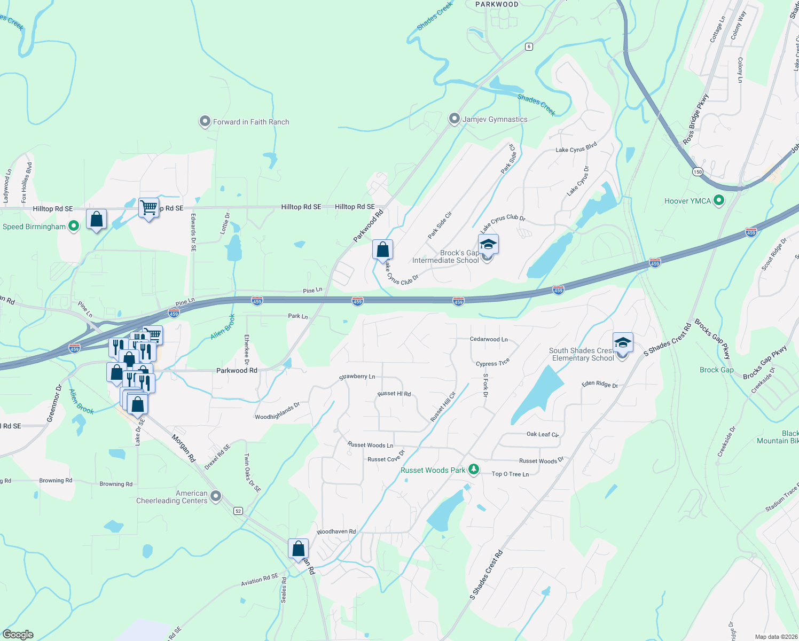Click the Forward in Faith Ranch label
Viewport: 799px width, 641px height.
point(251,122)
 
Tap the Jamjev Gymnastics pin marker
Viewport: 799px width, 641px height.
point(454,119)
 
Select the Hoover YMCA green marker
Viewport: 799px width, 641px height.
point(719,201)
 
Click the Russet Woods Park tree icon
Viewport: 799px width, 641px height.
point(473,470)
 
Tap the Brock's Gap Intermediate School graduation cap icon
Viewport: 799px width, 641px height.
point(488,245)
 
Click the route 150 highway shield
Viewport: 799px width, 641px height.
point(698,172)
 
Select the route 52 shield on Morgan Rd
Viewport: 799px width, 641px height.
point(238,511)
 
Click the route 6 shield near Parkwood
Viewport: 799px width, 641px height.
point(529,46)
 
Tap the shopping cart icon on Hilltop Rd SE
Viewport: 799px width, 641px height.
point(148,207)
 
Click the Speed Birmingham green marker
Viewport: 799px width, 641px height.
point(74,226)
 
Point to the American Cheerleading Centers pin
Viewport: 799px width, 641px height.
point(216,496)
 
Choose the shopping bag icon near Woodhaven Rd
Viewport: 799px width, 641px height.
point(298,549)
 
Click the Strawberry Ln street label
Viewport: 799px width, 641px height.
point(357,377)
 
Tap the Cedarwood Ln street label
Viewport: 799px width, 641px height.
point(489,339)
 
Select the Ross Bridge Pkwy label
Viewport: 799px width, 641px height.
point(695,120)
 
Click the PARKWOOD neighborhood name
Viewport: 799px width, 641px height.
point(497,4)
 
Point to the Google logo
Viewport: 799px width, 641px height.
point(18,635)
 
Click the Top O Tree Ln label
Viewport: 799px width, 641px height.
point(510,474)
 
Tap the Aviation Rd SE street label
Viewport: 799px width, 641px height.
point(260,580)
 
